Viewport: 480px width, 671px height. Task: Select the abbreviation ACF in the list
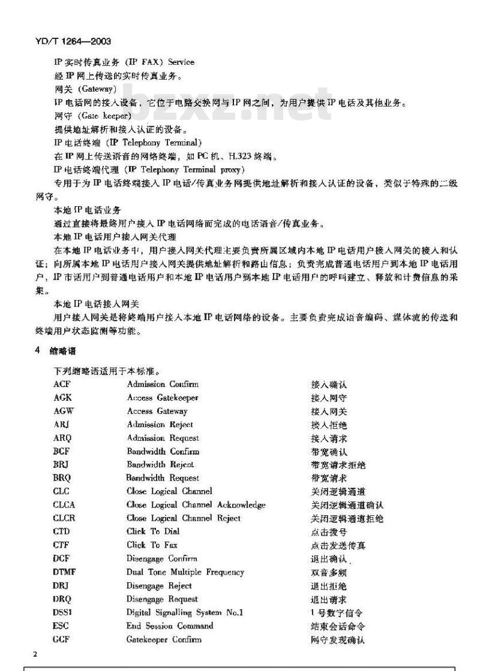click(62, 384)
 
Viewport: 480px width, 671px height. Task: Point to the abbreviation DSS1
click(63, 612)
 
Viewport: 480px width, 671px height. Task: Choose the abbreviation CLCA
click(64, 505)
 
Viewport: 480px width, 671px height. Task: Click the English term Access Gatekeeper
click(163, 398)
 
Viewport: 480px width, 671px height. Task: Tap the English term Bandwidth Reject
click(160, 465)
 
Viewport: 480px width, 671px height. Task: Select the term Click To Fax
click(152, 545)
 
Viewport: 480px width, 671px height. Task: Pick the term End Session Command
click(170, 626)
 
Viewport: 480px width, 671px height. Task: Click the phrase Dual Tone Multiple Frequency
click(185, 572)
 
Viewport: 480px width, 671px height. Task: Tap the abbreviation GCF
click(62, 639)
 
